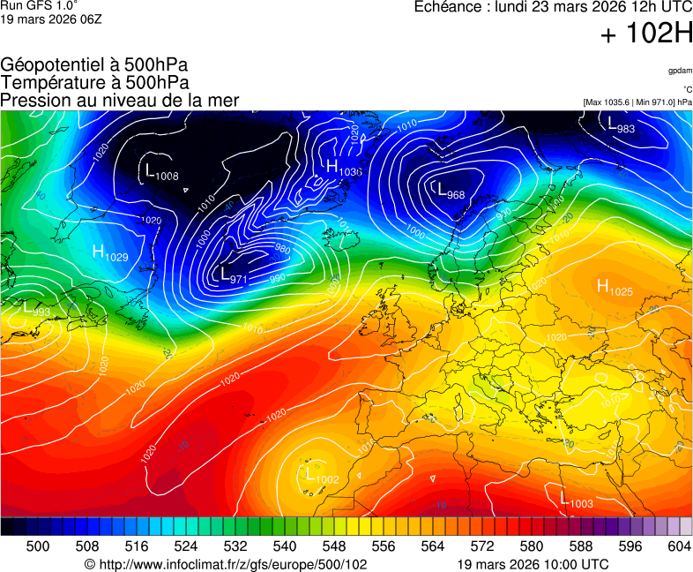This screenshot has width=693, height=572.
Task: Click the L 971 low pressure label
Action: (232, 275)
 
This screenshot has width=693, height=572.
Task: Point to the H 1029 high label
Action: (110, 253)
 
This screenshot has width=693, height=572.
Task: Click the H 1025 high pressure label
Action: (615, 287)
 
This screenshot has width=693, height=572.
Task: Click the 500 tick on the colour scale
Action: (38, 546)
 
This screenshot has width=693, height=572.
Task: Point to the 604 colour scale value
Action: (679, 546)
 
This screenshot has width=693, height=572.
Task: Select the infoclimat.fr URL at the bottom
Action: (226, 564)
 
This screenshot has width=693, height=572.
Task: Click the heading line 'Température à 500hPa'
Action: (94, 82)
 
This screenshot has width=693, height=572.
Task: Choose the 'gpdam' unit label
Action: (680, 70)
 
